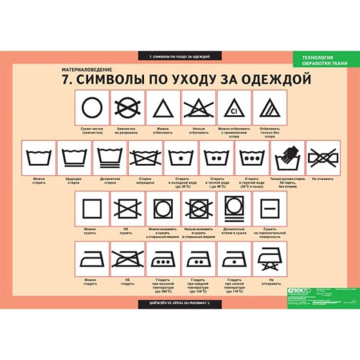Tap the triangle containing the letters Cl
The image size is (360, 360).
coord(233,106)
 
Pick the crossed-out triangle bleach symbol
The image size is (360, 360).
coord(197,106)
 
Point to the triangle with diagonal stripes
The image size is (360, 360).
coord(269,106)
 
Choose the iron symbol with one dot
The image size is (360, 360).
coord(233,258)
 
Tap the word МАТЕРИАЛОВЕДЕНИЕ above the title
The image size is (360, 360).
coord(94,67)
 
